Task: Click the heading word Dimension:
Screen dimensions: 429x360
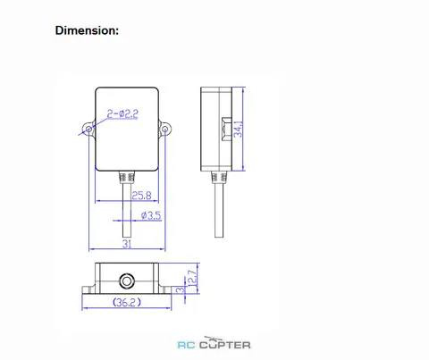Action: (87, 30)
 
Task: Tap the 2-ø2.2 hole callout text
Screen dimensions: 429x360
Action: (122, 113)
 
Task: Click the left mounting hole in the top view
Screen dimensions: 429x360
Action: (88, 130)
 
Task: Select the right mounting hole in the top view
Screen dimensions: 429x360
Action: (165, 130)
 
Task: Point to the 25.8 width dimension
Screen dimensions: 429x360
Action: (141, 196)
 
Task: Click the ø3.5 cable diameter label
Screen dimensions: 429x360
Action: (151, 215)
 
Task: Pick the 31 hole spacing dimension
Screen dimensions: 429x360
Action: (127, 244)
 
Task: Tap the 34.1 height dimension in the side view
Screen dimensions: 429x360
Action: (238, 129)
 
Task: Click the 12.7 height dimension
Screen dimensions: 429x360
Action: (193, 278)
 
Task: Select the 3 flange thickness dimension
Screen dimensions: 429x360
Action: (181, 289)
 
